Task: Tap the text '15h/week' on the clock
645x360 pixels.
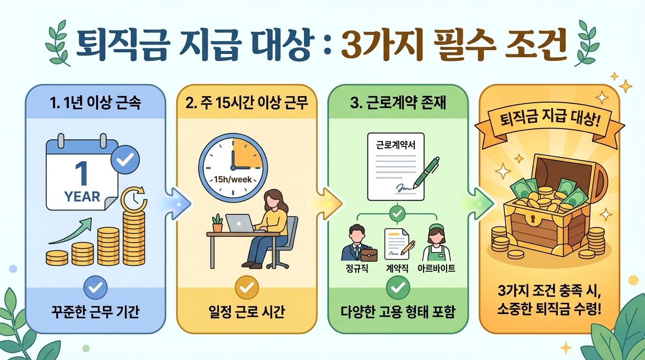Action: coord(233,179)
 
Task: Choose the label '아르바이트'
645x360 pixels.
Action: coord(436,269)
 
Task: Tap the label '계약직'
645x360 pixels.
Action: coord(397,269)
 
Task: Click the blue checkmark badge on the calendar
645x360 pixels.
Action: coord(125,160)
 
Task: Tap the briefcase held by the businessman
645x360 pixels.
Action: coord(369,255)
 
